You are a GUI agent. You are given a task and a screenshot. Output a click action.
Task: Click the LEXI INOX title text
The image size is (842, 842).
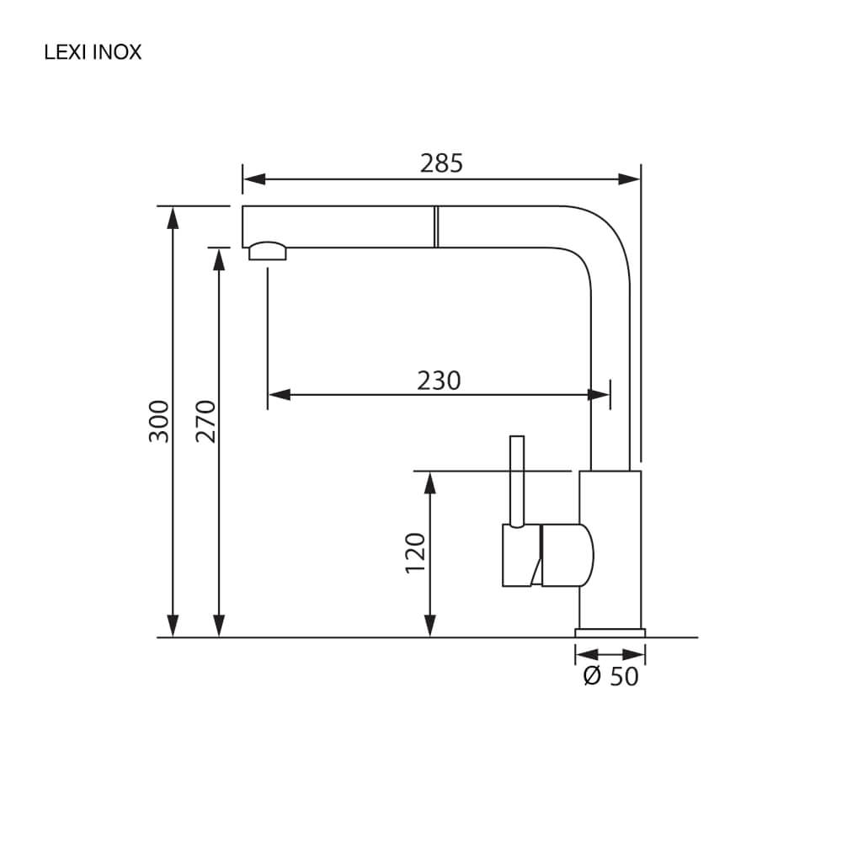pyautogui.click(x=93, y=52)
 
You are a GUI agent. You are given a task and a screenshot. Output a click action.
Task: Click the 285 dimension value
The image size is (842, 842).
pyautogui.click(x=441, y=163)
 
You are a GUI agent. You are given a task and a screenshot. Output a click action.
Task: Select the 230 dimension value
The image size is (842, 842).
pyautogui.click(x=439, y=381)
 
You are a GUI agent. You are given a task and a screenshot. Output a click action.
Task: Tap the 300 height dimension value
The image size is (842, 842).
pyautogui.click(x=159, y=422)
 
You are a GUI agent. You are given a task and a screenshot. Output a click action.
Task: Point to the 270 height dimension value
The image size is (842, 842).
pyautogui.click(x=205, y=422)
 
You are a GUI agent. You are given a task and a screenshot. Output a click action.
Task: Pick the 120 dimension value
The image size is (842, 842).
pyautogui.click(x=416, y=553)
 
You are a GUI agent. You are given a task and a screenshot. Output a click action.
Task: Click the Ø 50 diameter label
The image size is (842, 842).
pyautogui.click(x=611, y=677)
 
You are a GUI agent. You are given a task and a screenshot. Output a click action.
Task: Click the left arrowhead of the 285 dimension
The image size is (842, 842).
pyautogui.click(x=254, y=179)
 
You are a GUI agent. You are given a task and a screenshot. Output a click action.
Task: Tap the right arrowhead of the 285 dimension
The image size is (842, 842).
pyautogui.click(x=629, y=179)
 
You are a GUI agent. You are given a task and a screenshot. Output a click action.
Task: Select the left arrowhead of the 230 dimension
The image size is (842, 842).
pyautogui.click(x=280, y=395)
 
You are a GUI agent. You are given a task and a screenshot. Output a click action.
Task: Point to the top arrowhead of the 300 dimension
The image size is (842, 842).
pyautogui.click(x=173, y=218)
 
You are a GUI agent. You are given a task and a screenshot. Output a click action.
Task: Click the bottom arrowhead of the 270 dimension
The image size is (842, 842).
pyautogui.click(x=219, y=626)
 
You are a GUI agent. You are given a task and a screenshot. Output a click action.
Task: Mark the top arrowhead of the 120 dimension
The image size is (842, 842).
pyautogui.click(x=429, y=482)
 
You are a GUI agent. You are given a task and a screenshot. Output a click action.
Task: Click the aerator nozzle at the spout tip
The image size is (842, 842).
pyautogui.click(x=268, y=251)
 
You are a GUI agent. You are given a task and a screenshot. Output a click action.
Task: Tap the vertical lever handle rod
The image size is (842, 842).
pyautogui.click(x=517, y=482)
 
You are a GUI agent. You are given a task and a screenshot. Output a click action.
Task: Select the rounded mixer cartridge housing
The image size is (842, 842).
pyautogui.click(x=568, y=555)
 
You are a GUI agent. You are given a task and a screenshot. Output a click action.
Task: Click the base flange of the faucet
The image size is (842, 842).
pyautogui.click(x=610, y=633)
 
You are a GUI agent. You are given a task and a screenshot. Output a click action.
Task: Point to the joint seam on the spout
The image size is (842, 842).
pyautogui.click(x=436, y=226)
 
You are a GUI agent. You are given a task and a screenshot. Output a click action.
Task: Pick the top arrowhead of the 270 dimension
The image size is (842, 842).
pyautogui.click(x=219, y=259)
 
